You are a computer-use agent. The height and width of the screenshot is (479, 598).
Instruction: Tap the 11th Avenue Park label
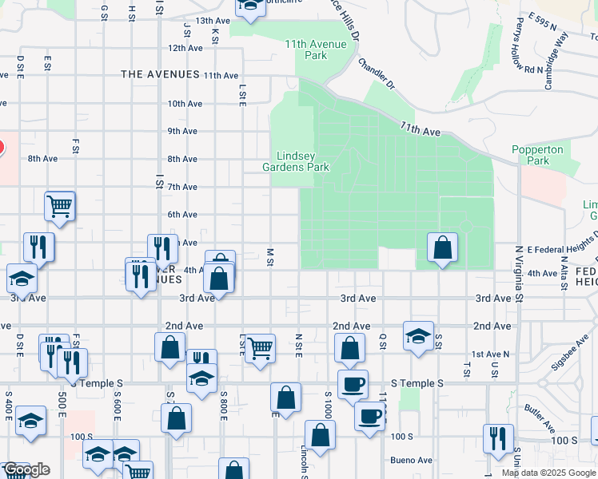[x=316, y=49]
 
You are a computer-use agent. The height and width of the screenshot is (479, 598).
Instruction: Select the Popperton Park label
[x=537, y=155]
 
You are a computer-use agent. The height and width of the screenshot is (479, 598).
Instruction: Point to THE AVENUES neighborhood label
[x=159, y=74]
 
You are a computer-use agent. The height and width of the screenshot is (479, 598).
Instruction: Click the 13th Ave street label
[x=213, y=21]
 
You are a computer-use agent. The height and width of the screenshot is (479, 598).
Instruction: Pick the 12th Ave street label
[x=185, y=48]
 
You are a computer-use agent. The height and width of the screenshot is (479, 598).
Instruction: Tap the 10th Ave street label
[x=183, y=104]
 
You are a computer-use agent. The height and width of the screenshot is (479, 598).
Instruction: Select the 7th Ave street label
[x=183, y=187]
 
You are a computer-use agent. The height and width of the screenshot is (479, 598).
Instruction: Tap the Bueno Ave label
[x=411, y=460]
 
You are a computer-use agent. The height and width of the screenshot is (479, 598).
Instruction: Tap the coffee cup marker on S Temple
[x=353, y=384]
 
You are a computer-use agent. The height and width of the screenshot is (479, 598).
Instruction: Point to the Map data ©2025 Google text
[x=548, y=473]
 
